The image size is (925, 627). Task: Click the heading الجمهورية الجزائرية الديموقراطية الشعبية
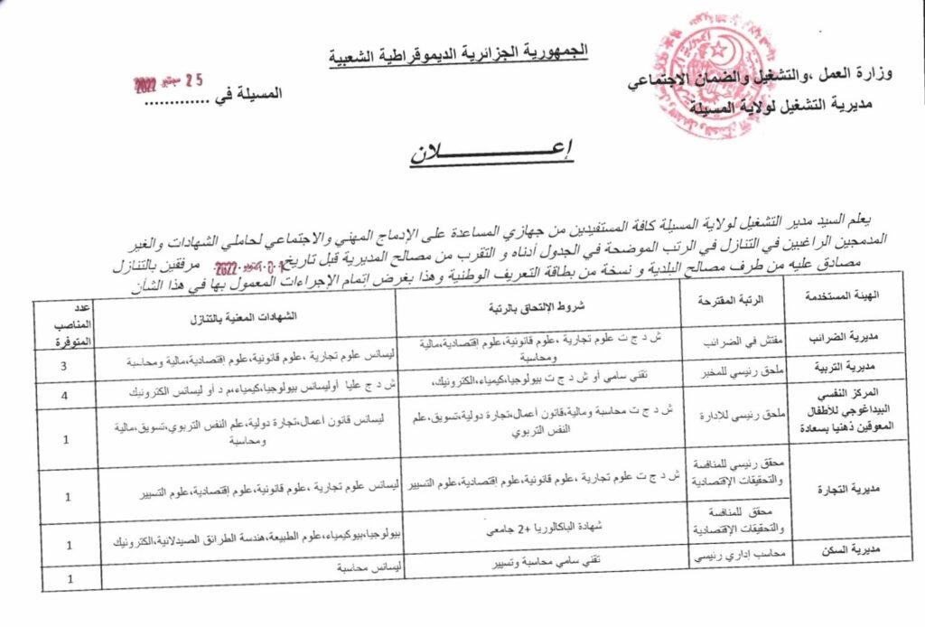[x=458, y=52]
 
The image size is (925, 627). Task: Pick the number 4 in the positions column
[x=63, y=396]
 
